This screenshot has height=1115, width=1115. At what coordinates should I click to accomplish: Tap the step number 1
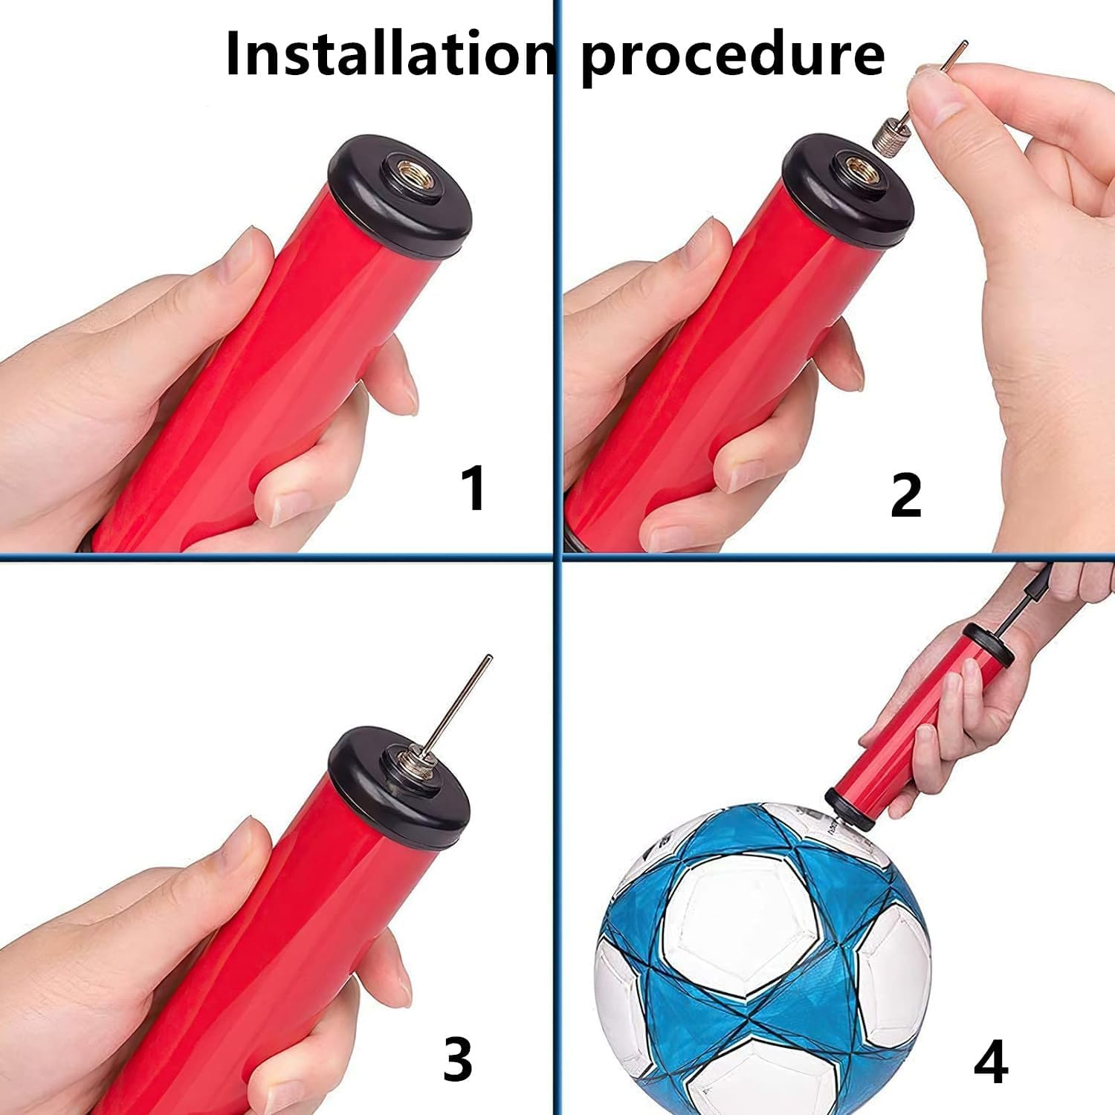pos(473,488)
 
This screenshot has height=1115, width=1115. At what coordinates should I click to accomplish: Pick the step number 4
pos(991,1063)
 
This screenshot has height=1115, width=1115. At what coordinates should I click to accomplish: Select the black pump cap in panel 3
pos(400,787)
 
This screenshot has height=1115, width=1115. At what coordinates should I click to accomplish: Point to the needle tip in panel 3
pos(488,656)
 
